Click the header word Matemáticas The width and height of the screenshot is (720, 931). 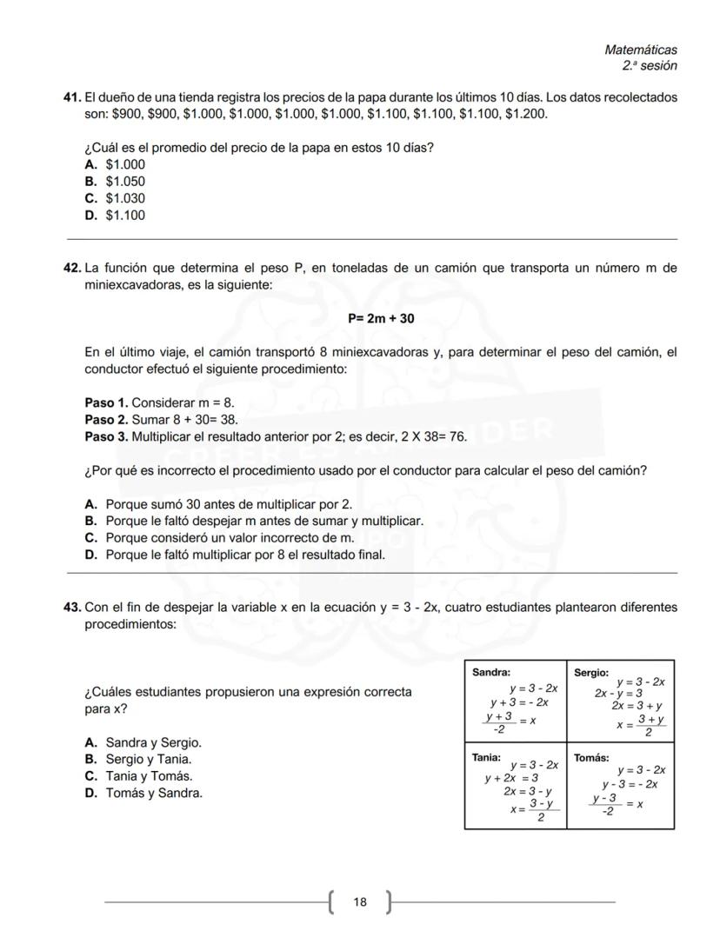pyautogui.click(x=640, y=50)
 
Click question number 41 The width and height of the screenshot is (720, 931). pyautogui.click(x=72, y=97)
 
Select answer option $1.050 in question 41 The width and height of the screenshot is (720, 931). pyautogui.click(x=125, y=182)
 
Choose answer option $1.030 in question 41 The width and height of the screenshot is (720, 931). pyautogui.click(x=125, y=198)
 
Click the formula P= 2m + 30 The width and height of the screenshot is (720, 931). pyautogui.click(x=381, y=319)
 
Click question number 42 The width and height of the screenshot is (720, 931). pyautogui.click(x=72, y=269)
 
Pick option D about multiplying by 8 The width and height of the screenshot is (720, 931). pyautogui.click(x=244, y=555)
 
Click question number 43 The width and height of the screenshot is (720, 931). pyautogui.click(x=72, y=608)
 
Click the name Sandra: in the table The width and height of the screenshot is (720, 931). pyautogui.click(x=490, y=672)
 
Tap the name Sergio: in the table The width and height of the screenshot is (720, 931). pyautogui.click(x=591, y=672)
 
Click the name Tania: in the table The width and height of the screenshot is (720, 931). pyautogui.click(x=486, y=757)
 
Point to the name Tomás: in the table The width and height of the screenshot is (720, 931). pyautogui.click(x=591, y=758)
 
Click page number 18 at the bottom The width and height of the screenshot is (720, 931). pyautogui.click(x=360, y=902)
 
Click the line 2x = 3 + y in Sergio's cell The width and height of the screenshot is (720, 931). pyautogui.click(x=637, y=706)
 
